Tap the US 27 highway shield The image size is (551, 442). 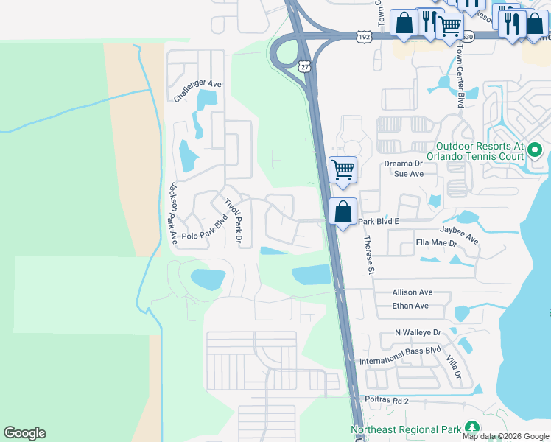[x=304, y=66]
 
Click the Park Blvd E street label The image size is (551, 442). [x=378, y=221]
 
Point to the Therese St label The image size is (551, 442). [x=368, y=255]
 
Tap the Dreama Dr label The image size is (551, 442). [x=403, y=164]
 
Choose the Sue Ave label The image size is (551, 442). [x=410, y=174]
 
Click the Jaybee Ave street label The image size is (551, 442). [x=459, y=235]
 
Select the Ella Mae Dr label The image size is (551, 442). [x=436, y=242]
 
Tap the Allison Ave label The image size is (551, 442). [x=413, y=292]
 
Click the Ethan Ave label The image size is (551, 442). [x=410, y=306]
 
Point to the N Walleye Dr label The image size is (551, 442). [x=417, y=333]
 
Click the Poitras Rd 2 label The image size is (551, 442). [x=386, y=400]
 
